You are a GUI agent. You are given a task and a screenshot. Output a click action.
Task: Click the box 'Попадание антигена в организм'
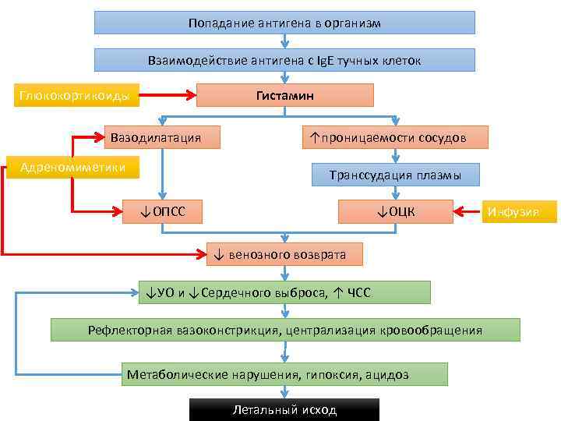(x=284, y=23)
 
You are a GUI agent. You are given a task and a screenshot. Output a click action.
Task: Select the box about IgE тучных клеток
(x=284, y=60)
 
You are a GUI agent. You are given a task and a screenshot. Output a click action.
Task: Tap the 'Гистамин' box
(x=285, y=95)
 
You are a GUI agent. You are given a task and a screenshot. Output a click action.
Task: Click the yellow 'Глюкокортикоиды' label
(x=74, y=97)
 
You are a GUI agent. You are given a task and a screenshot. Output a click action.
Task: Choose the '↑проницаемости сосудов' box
(x=396, y=137)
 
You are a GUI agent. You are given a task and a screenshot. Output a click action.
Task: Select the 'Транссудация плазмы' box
(x=396, y=175)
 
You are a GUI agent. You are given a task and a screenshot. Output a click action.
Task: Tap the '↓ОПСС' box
(x=162, y=210)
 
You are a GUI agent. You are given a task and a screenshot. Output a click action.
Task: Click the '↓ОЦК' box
(x=396, y=210)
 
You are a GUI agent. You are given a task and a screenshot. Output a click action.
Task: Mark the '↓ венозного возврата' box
(x=286, y=254)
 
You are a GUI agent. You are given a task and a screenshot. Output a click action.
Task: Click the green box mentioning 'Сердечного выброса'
(x=284, y=292)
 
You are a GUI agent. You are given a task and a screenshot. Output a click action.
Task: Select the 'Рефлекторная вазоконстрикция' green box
(x=285, y=330)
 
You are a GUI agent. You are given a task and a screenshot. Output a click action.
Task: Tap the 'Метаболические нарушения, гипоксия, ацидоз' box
(x=285, y=374)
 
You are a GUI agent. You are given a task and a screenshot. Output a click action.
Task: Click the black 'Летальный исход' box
(x=284, y=410)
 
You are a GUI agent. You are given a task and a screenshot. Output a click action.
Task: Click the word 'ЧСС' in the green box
(x=358, y=293)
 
